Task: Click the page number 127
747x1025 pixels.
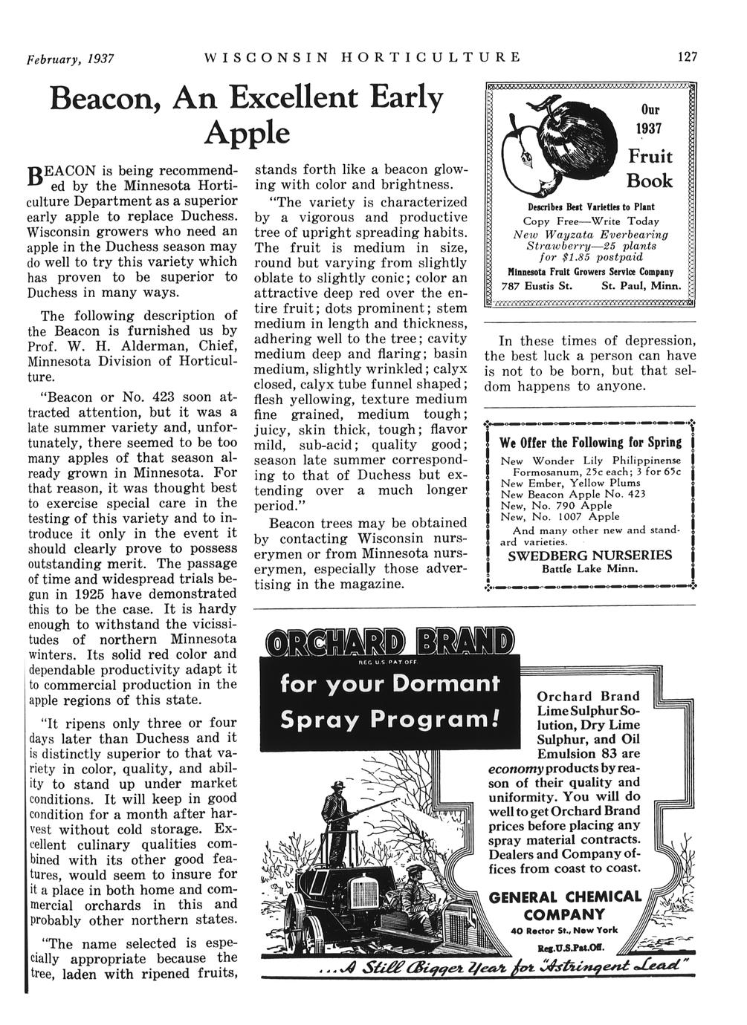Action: (687, 56)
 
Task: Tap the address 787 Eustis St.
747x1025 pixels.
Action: (536, 285)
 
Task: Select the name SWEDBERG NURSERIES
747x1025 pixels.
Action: (589, 555)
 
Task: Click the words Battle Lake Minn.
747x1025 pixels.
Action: (589, 569)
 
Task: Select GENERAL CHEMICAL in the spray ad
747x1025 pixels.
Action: (564, 897)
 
